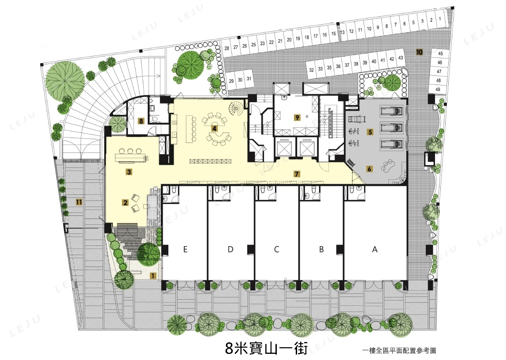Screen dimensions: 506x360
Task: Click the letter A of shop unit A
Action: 374,249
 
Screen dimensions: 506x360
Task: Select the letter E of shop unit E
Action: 185,249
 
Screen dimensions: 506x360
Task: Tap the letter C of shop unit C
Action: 276,249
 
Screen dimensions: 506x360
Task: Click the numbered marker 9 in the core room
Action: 297,118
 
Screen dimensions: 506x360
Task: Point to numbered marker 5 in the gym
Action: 370,132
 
